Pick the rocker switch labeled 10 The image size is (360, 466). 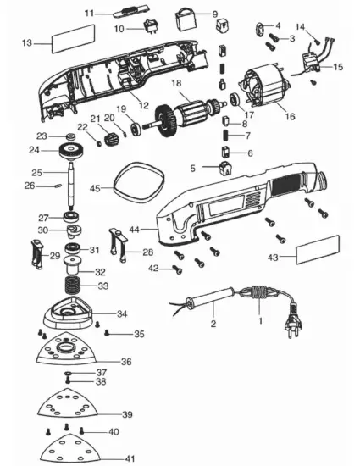pos(155,27)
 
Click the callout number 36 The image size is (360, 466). pos(126,362)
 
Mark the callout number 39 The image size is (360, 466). pos(127,414)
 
